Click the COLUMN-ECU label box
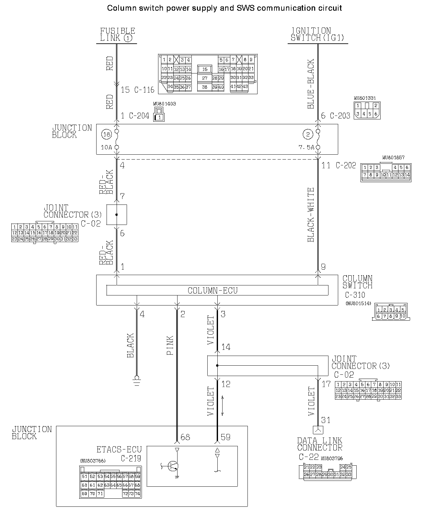(x=217, y=290)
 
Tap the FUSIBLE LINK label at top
(x=117, y=35)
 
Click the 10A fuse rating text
(x=106, y=148)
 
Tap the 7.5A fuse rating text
(x=306, y=148)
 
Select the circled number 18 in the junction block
(x=106, y=134)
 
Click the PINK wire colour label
(x=170, y=345)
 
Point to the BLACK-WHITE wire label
(x=311, y=215)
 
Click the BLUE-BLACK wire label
(x=311, y=84)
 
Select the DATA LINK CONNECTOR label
(x=319, y=444)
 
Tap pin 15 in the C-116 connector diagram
(x=205, y=69)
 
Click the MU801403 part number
(x=164, y=104)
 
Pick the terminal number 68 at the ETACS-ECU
(x=185, y=438)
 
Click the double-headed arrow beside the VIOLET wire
(x=223, y=405)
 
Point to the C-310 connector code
(x=355, y=295)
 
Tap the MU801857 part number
(x=393, y=158)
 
